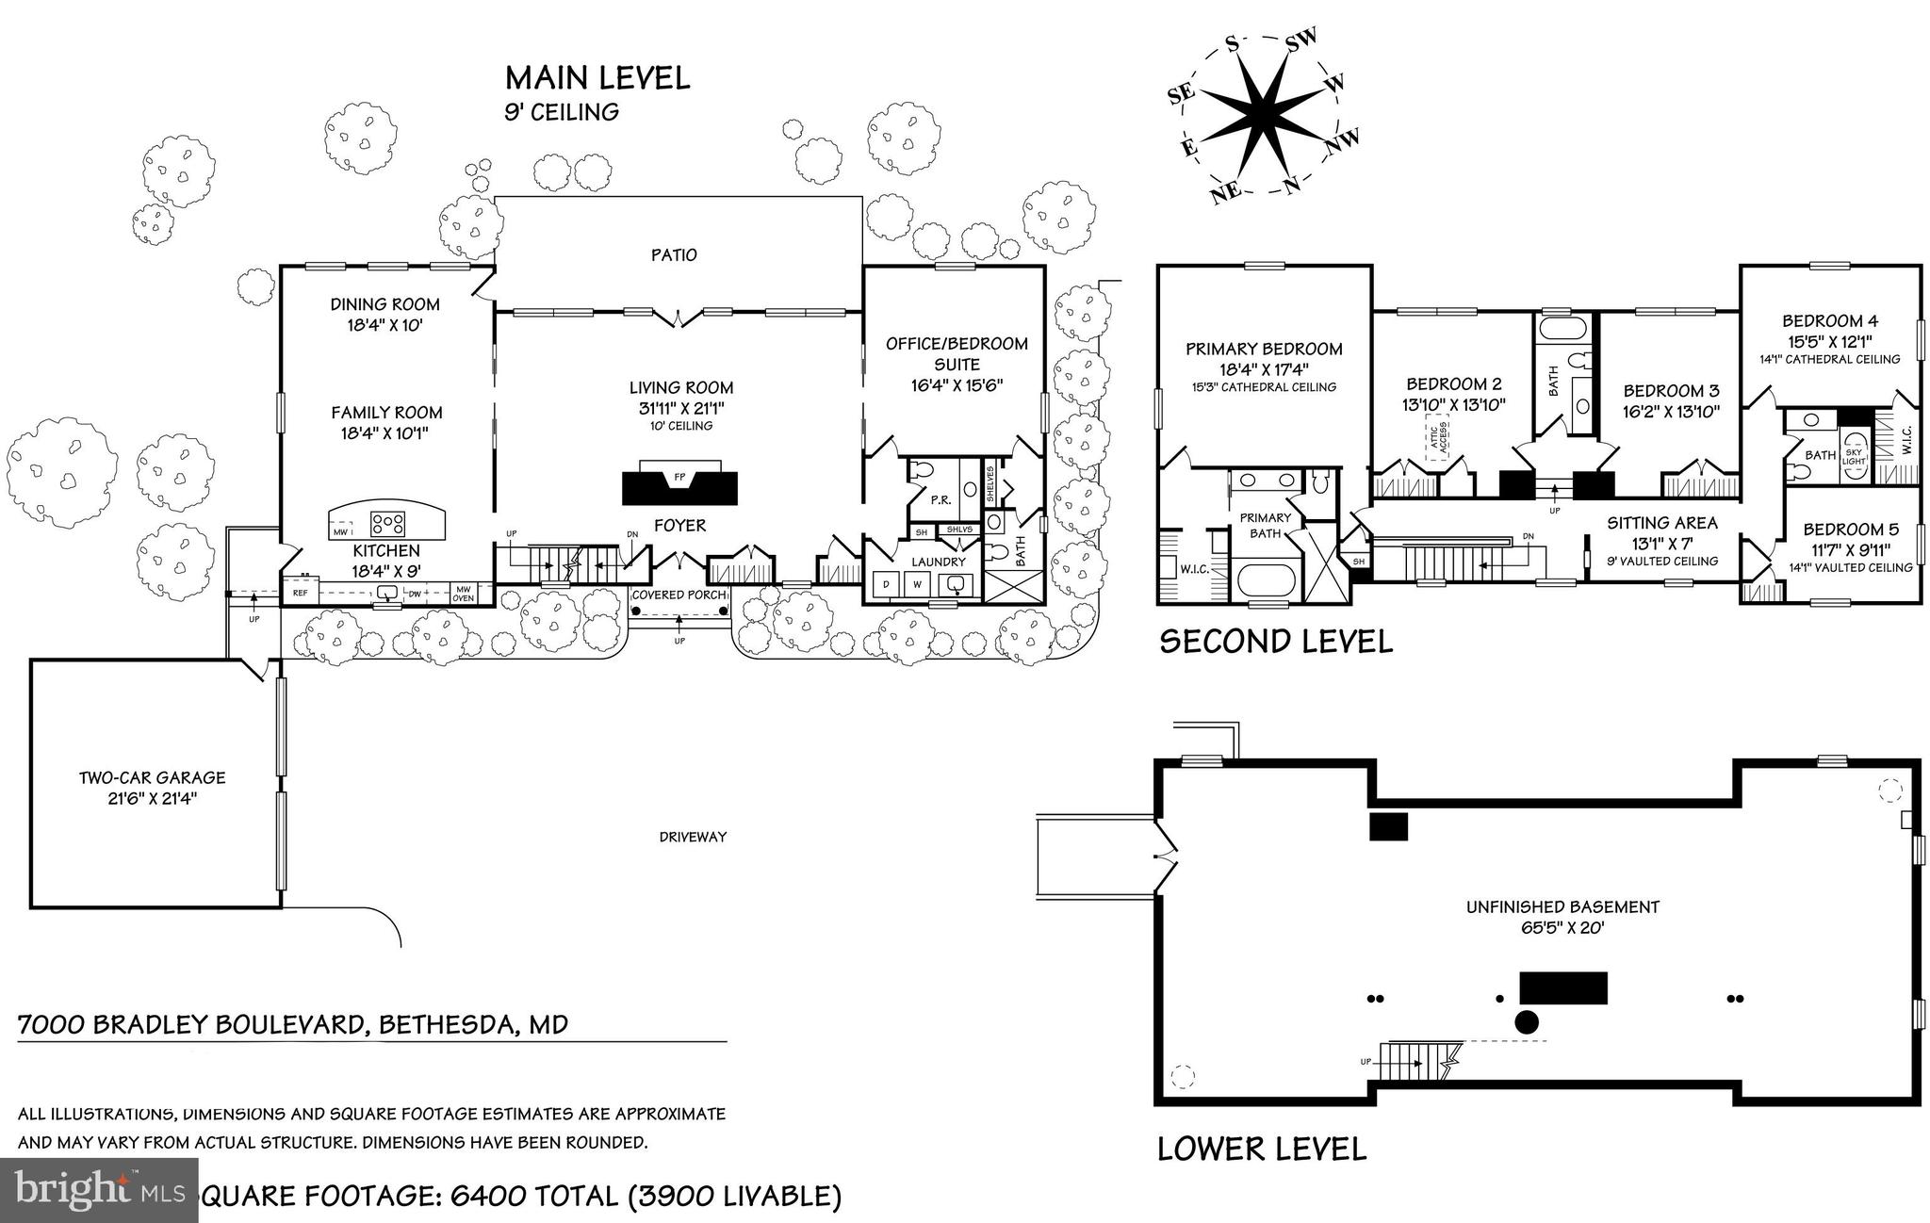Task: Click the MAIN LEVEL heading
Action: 597,78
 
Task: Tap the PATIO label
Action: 675,255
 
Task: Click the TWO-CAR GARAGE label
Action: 152,777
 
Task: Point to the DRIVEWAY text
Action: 693,837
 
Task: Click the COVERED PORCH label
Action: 679,595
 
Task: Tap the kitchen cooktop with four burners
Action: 387,523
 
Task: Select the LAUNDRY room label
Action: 939,562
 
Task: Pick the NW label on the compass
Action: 1343,142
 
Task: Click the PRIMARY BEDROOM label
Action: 1264,349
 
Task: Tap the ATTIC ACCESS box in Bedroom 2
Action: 1436,440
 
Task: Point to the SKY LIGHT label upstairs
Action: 1854,456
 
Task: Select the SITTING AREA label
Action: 1662,523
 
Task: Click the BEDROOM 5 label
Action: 1851,530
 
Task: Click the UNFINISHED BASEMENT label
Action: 1562,907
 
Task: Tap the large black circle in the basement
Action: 1526,1022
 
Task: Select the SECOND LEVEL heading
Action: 1276,642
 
